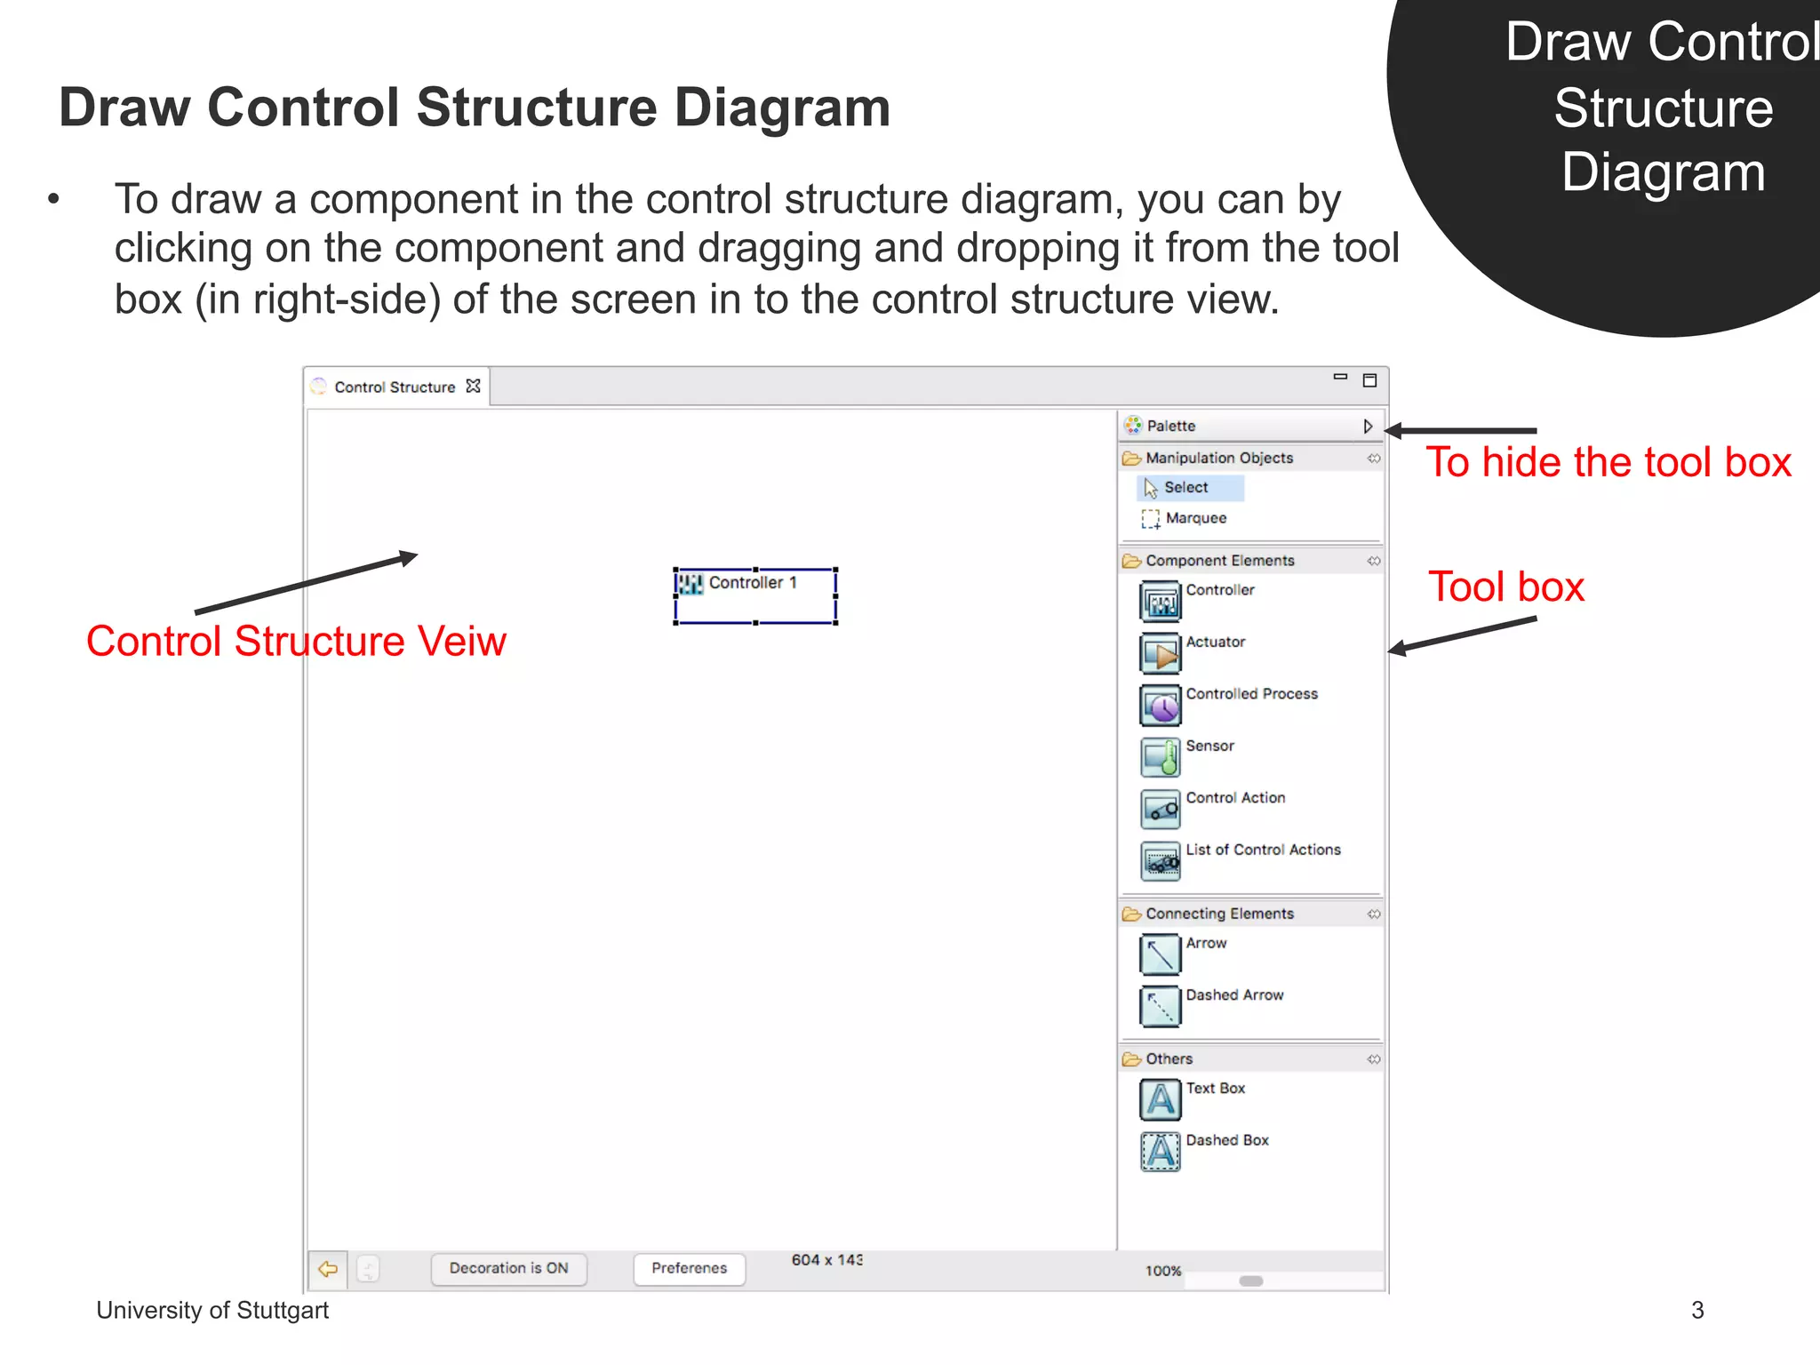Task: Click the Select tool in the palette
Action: point(1185,488)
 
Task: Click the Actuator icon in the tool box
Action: point(1161,654)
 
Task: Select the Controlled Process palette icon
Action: point(1161,706)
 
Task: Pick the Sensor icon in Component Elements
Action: point(1161,758)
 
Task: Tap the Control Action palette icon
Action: point(1161,810)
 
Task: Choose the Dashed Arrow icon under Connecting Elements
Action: point(1161,1007)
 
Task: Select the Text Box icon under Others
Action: point(1161,1100)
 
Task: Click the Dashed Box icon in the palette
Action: point(1161,1153)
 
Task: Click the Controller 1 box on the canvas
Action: point(755,595)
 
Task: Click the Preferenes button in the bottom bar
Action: point(689,1268)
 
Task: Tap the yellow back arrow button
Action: point(328,1268)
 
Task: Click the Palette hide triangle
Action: point(1368,427)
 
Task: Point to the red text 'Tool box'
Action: point(1506,587)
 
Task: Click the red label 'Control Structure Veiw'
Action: point(296,642)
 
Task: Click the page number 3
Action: point(1697,1310)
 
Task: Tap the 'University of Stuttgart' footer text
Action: point(212,1310)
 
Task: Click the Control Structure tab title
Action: point(395,387)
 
